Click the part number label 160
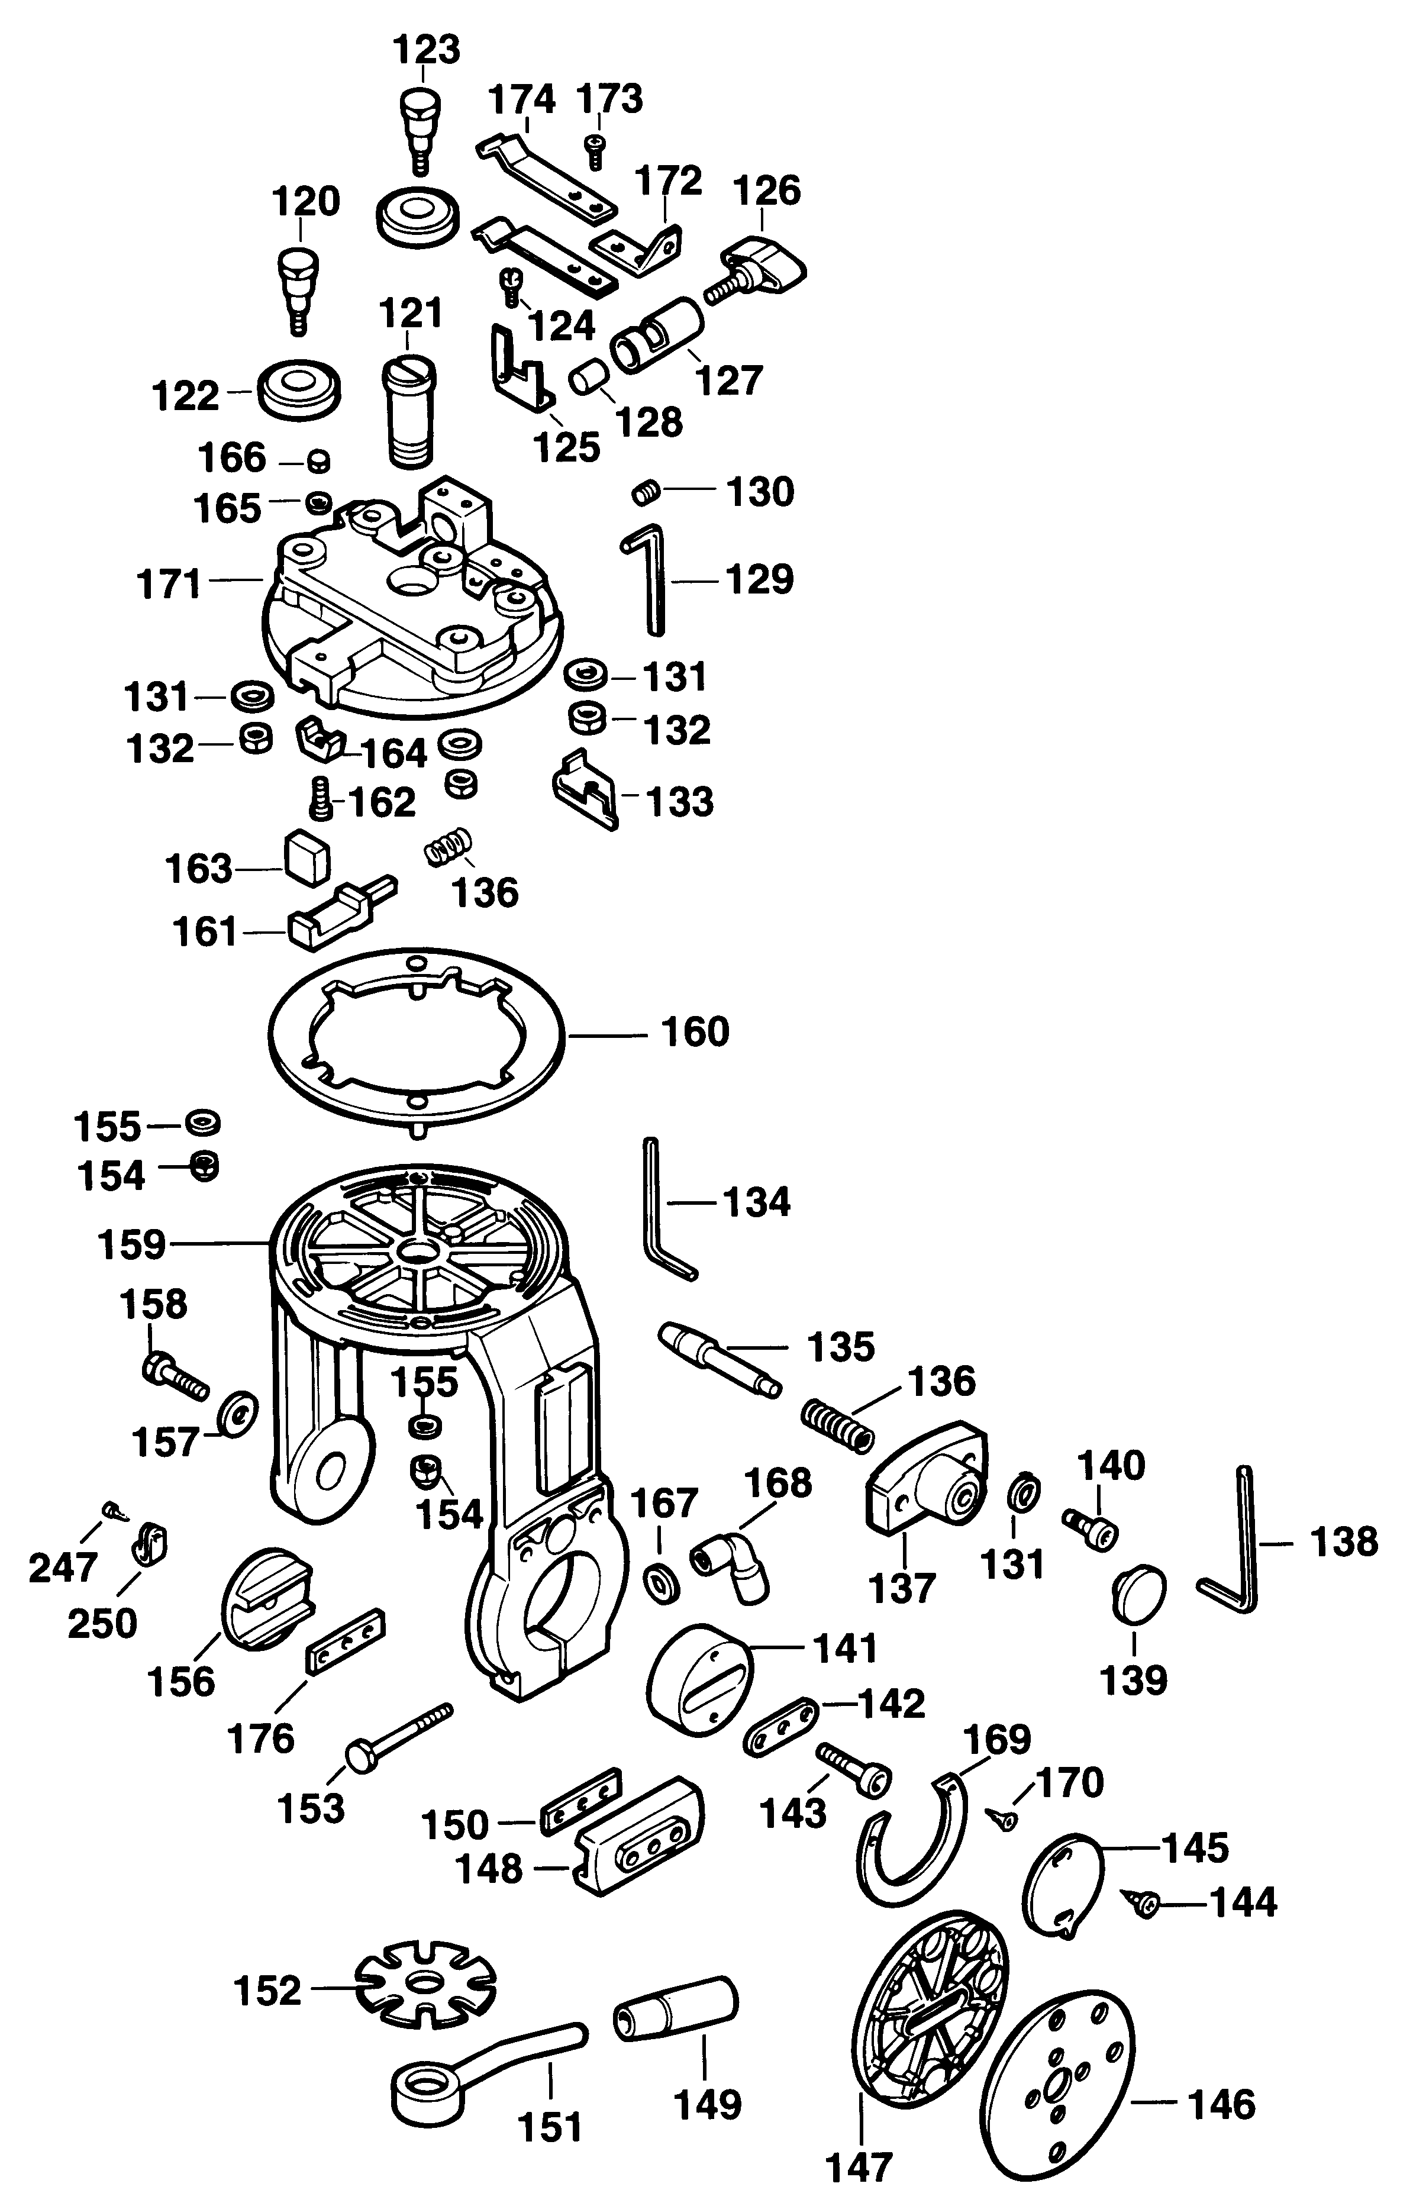[695, 1033]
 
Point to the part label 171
[169, 583]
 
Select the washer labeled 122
[300, 388]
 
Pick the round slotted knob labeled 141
[701, 1676]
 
